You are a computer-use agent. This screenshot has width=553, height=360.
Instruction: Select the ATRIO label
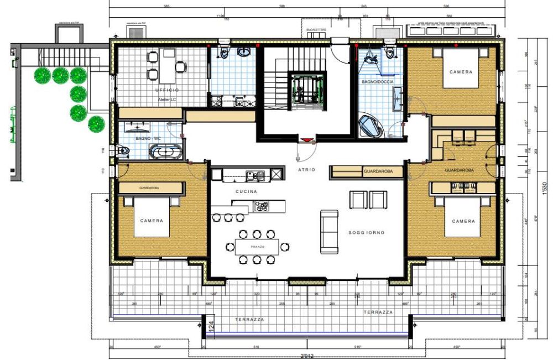(306, 170)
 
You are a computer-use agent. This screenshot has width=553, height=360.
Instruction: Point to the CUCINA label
(246, 191)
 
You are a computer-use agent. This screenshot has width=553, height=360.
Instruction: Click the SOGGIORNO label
(366, 233)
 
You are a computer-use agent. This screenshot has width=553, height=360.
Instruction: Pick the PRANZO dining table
(257, 246)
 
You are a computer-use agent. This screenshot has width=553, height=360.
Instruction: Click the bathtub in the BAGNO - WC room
(165, 152)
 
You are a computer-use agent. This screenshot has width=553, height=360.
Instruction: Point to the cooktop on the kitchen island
(262, 206)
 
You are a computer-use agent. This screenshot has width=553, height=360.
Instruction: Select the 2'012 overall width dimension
(307, 355)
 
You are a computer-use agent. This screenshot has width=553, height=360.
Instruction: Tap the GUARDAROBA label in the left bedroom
(150, 188)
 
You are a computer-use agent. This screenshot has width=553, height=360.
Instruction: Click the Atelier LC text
(166, 99)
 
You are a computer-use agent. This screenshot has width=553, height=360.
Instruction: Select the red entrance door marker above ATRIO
(306, 139)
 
